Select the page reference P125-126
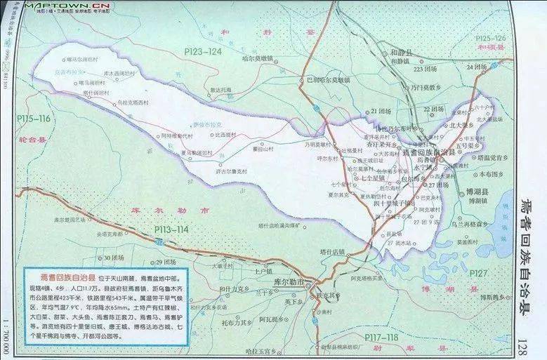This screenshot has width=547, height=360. tap(492, 38)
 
